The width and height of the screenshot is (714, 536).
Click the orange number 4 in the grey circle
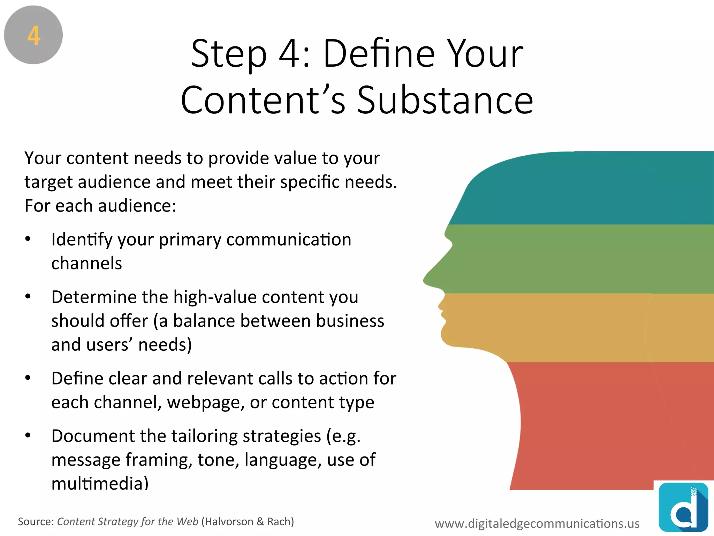34,36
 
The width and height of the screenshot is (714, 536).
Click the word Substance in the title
445,100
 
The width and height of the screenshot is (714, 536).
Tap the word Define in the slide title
379,54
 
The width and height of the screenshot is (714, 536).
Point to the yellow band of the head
586,328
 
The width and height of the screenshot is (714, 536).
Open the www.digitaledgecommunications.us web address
537,523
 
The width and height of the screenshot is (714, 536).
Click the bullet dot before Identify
28,239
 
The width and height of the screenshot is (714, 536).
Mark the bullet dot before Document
28,435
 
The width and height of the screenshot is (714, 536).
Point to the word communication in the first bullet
289,240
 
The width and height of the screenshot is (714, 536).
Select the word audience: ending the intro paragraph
137,206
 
